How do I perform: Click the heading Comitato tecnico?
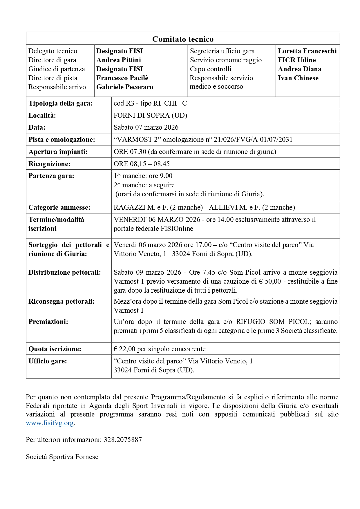pyautogui.click(x=183, y=39)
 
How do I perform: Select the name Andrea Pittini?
pyautogui.click(x=119, y=60)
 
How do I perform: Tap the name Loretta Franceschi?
pyautogui.click(x=307, y=51)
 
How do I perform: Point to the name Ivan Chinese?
pyautogui.click(x=298, y=78)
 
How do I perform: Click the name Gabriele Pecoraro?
pyautogui.click(x=125, y=87)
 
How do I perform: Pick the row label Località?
pyautogui.click(x=42, y=115)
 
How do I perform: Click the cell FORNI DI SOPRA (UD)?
pyautogui.click(x=150, y=115)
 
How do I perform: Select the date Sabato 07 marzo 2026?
pyautogui.click(x=146, y=127)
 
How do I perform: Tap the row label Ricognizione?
pyautogui.click(x=49, y=164)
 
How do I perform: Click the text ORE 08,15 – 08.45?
pyautogui.click(x=142, y=164)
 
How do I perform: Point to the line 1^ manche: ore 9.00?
pyautogui.click(x=143, y=176)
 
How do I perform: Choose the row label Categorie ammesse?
pyautogui.click(x=59, y=207)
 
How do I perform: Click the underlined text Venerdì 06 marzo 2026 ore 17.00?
pyautogui.click(x=162, y=245)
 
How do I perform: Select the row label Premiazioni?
pyautogui.click(x=48, y=322)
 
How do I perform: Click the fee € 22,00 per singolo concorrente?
pyautogui.click(x=160, y=349)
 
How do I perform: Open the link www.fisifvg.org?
pyautogui.click(x=50, y=423)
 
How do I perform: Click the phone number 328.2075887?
pyautogui.click(x=123, y=440)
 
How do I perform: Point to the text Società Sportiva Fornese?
pyautogui.click(x=62, y=457)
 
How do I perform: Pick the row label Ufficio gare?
pyautogui.click(x=48, y=361)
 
